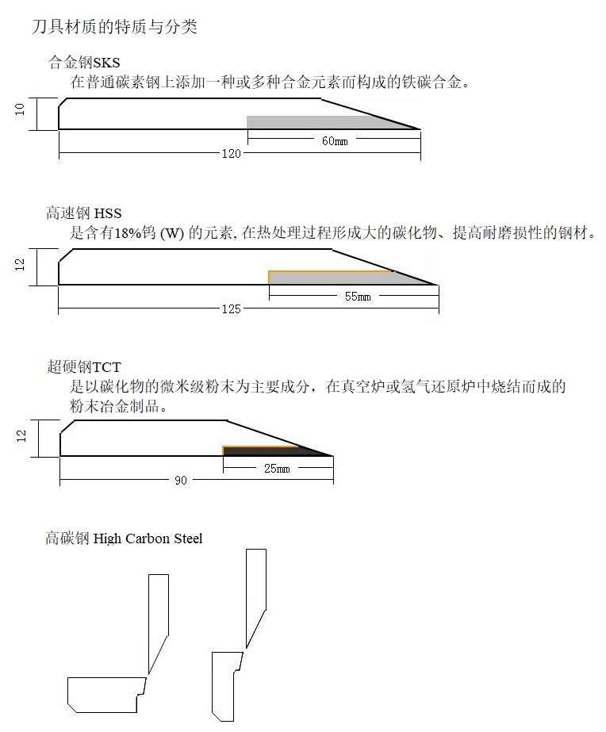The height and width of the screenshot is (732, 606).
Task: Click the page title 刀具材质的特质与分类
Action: pos(113,28)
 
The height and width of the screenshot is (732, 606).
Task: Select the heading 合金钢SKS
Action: pos(85,62)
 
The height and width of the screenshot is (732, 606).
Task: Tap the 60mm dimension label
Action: pos(334,141)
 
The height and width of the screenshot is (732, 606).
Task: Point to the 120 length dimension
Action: pos(231,153)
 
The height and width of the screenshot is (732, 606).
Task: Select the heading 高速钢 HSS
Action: pos(84,213)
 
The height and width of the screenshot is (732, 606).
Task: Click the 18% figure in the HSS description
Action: pos(128,233)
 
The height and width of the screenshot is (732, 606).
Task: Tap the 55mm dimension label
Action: pos(358,296)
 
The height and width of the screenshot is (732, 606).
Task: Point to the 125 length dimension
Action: pos(231,309)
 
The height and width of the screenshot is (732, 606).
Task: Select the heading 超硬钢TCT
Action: pos(84,367)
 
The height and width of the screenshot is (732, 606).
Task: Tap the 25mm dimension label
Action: pos(277,469)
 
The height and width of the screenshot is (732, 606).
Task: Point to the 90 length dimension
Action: pos(181,481)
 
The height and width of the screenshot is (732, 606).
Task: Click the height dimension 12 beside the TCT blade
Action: pos(21,435)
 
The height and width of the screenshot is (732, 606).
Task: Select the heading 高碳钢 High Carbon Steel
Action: pos(125,539)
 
